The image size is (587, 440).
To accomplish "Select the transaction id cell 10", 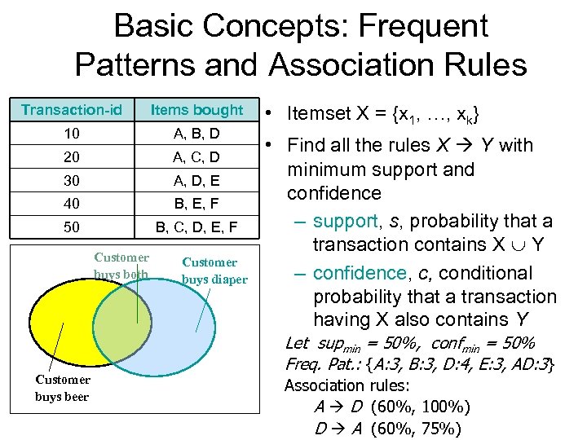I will (72, 133).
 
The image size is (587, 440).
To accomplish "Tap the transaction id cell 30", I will (72, 180).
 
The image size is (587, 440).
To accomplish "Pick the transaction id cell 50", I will (72, 227).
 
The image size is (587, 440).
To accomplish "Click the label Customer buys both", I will (121, 266).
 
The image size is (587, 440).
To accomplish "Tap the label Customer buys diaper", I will (214, 271).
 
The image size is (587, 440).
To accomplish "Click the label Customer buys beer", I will (63, 388).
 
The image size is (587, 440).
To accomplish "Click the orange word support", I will (346, 222).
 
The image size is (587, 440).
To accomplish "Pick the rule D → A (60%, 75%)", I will (387, 428).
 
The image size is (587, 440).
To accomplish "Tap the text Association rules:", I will (346, 385).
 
